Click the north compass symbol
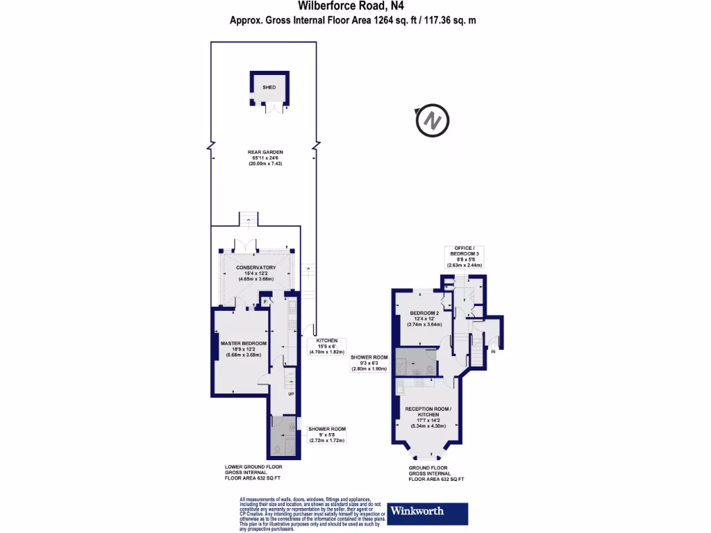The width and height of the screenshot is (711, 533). point(432,121)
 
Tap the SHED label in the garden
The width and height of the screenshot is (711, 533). point(269,87)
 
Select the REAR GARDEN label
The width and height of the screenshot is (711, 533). point(266,153)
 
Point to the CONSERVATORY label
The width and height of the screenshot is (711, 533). point(256,268)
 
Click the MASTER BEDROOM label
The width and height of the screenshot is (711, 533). point(244,344)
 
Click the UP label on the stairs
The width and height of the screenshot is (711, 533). point(291,395)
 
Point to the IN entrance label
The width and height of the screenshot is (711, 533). point(494,353)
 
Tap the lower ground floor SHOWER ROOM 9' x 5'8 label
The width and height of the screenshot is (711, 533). point(326,430)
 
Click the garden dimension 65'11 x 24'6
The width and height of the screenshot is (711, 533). point(266,158)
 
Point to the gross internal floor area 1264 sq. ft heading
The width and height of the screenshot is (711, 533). point(353,21)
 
